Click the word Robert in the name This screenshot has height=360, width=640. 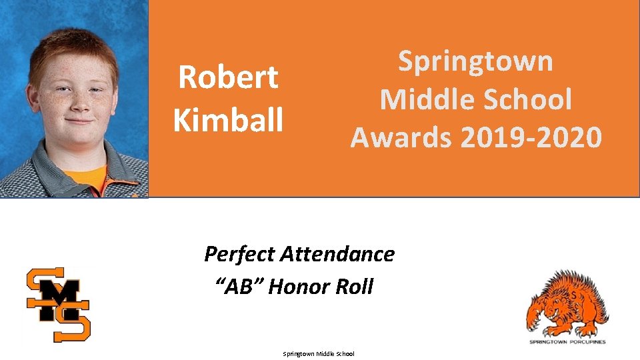228,78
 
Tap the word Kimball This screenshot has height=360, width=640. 228,119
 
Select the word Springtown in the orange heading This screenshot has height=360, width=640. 475,62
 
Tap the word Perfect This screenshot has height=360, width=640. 239,254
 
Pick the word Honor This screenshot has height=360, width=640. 299,287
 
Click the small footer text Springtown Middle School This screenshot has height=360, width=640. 319,354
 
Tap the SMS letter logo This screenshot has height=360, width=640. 59,303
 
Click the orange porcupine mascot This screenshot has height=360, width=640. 568,304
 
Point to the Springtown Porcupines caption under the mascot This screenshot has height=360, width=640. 567,341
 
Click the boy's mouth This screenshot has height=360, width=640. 78,123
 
